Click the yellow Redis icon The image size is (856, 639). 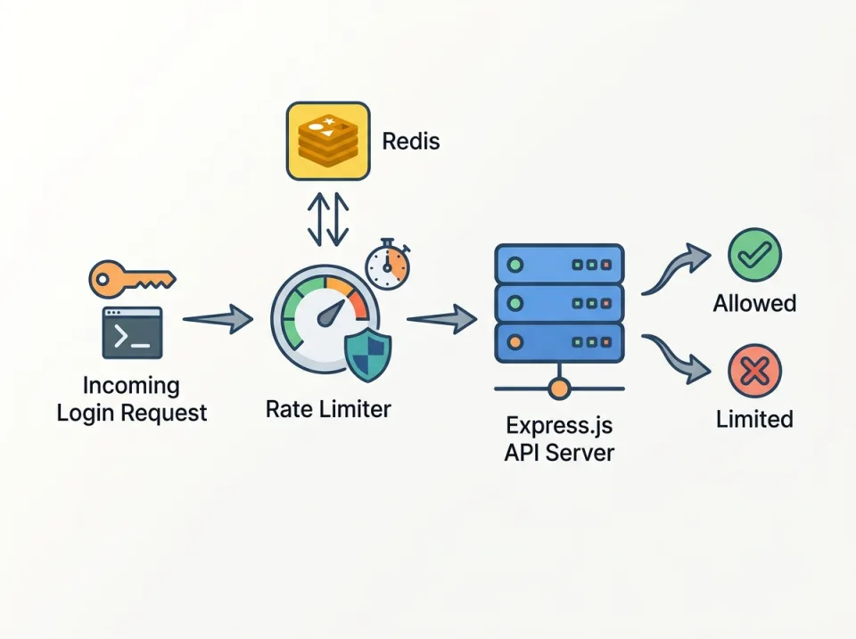pyautogui.click(x=327, y=141)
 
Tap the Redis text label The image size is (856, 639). pyautogui.click(x=410, y=141)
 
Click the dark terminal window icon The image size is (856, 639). pyautogui.click(x=132, y=332)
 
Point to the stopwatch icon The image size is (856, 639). pyautogui.click(x=388, y=264)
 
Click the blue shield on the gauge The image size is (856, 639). pyautogui.click(x=366, y=353)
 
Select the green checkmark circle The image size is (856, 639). pyautogui.click(x=754, y=254)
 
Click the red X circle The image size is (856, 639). pyautogui.click(x=754, y=370)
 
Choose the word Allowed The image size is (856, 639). pyautogui.click(x=754, y=304)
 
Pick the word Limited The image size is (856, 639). pyautogui.click(x=754, y=419)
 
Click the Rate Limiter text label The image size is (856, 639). pyautogui.click(x=328, y=410)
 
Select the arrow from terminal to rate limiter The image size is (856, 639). pyautogui.click(x=218, y=318)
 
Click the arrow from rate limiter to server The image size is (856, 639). pyautogui.click(x=441, y=318)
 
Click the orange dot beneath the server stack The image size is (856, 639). pyautogui.click(x=559, y=389)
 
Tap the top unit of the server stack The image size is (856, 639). pyautogui.click(x=559, y=265)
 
